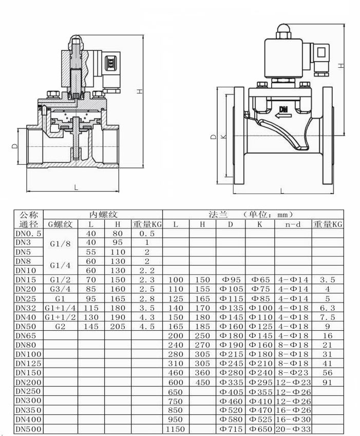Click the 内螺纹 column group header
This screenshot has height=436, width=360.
click(103, 214)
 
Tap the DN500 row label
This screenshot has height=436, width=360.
click(28, 428)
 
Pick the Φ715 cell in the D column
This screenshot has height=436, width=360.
click(231, 428)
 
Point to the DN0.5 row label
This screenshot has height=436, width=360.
click(28, 233)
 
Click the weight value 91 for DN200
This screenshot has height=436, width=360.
click(327, 382)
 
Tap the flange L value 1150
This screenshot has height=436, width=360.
click(176, 428)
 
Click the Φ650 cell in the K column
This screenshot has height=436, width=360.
click(260, 428)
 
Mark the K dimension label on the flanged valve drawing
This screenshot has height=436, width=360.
click(223, 137)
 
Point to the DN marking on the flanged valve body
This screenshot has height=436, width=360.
click(283, 108)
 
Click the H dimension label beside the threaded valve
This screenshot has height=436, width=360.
click(139, 91)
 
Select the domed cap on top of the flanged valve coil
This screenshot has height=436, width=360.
click(283, 29)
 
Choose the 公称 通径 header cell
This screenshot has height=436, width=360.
click(28, 219)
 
